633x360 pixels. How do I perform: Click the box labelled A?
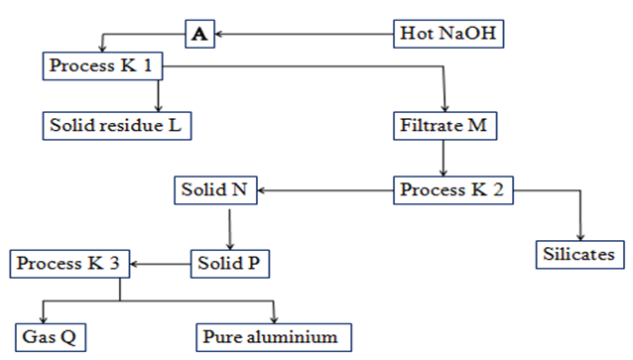[x=199, y=34]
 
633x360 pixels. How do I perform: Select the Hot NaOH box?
[x=448, y=34]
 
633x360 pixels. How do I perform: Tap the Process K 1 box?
[x=102, y=65]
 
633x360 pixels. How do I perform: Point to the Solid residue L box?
[x=117, y=126]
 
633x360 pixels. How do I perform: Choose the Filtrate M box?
[x=444, y=126]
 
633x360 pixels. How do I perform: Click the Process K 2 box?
[x=453, y=190]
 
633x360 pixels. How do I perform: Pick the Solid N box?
[x=215, y=190]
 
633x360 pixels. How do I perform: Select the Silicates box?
[x=579, y=255]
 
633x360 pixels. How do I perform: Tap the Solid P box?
[x=230, y=264]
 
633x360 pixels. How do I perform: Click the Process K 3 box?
[x=69, y=264]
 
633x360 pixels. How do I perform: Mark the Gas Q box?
[x=51, y=337]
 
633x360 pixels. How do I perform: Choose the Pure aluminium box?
[x=274, y=337]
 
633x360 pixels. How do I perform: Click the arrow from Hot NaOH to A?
[x=305, y=35]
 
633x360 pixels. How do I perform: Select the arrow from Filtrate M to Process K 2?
[x=443, y=159]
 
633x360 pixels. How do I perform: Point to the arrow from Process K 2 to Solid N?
[x=325, y=190]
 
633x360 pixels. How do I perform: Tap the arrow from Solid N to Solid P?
[x=230, y=229]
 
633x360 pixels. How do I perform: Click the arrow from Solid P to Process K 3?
[x=161, y=265]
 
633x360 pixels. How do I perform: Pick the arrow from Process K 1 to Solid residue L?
[x=159, y=96]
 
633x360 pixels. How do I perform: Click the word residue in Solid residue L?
[x=131, y=125]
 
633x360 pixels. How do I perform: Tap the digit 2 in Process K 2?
[x=498, y=189]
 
